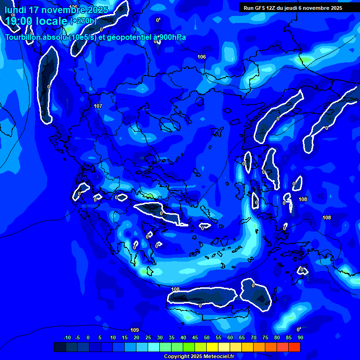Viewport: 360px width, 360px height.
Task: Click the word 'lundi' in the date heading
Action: click(16, 10)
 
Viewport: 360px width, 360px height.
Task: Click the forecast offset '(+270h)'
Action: click(83, 21)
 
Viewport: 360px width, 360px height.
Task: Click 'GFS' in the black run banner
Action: click(263, 8)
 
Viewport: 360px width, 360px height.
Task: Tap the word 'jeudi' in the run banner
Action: click(300, 8)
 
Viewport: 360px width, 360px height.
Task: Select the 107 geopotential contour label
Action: click(98, 106)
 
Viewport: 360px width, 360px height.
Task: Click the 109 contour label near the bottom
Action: click(135, 330)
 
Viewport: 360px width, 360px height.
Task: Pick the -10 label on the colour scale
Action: click(67, 337)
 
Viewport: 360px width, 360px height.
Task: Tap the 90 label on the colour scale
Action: click(300, 337)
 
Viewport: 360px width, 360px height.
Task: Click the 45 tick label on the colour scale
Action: click(195, 337)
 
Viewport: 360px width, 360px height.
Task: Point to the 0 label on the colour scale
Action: click(88, 337)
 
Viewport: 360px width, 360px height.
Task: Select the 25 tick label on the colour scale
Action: click(148, 337)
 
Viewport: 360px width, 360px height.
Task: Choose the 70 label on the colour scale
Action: click(253, 337)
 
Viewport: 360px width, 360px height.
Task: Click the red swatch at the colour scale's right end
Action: click(294, 347)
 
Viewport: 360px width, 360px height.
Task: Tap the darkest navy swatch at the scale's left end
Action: click(60, 347)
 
